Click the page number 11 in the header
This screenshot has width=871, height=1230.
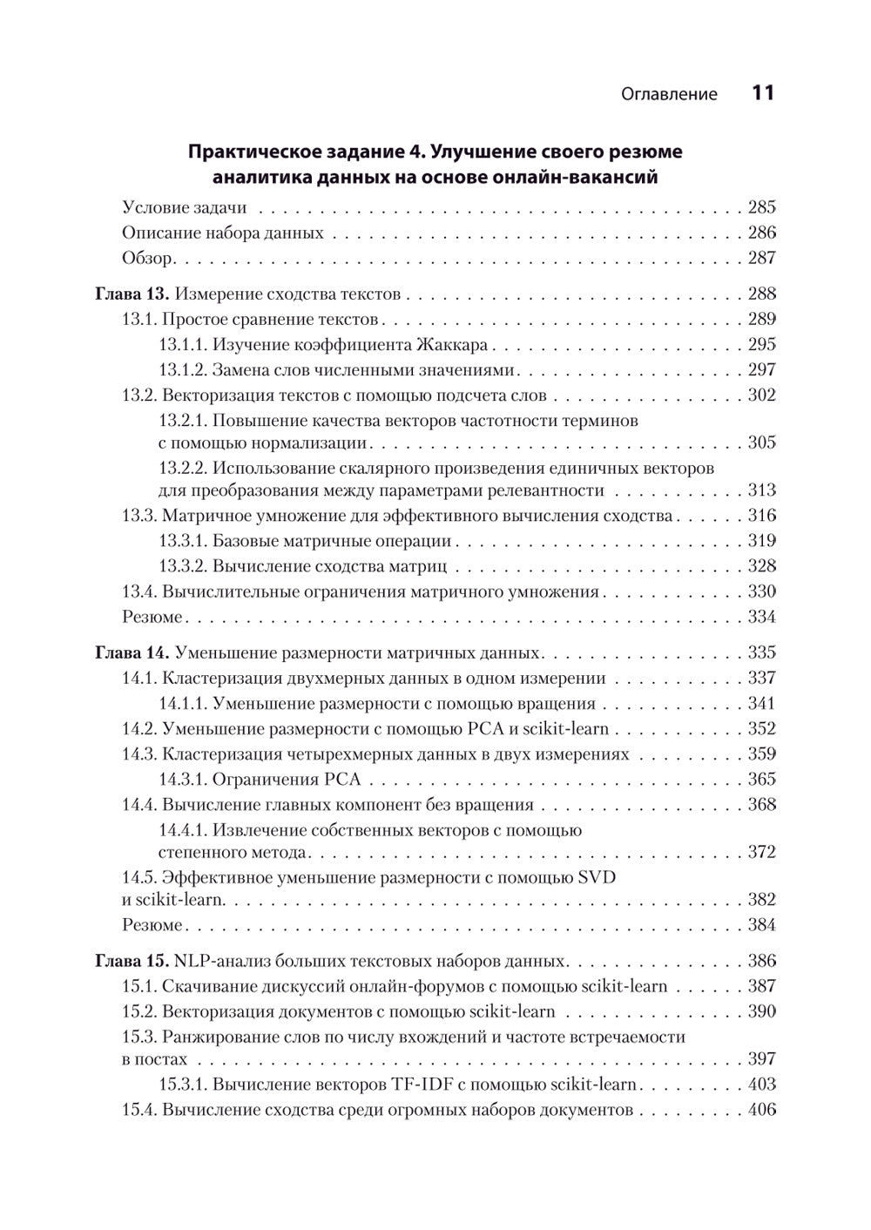click(x=762, y=93)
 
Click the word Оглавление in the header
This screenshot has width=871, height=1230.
click(x=670, y=94)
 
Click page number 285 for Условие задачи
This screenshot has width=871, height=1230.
click(x=761, y=207)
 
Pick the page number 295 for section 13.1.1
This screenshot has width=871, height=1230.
click(x=761, y=344)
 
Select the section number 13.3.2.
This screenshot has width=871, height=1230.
click(x=183, y=566)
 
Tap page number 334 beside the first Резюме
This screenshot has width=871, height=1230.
click(x=761, y=617)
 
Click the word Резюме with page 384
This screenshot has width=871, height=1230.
click(x=152, y=925)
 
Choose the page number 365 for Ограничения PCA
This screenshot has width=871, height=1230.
click(x=761, y=779)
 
